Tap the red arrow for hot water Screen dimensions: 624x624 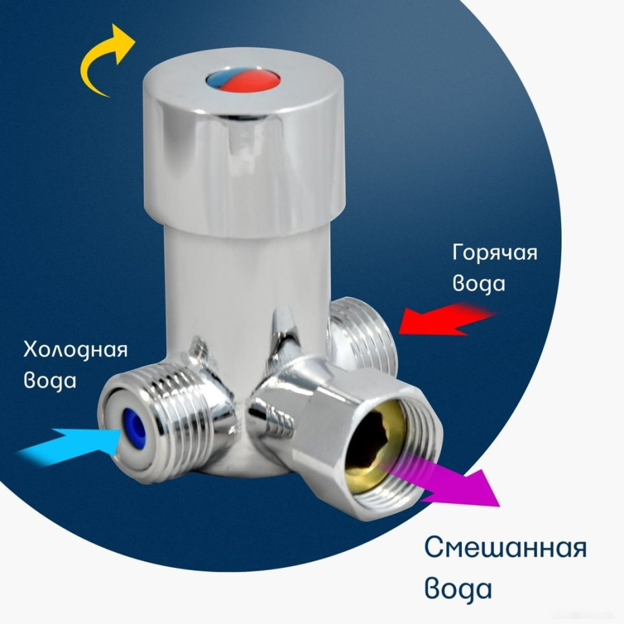[x=444, y=320]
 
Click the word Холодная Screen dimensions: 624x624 [x=75, y=351]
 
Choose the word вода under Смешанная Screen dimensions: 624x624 [x=458, y=589]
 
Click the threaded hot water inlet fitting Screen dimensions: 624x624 [x=363, y=335]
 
